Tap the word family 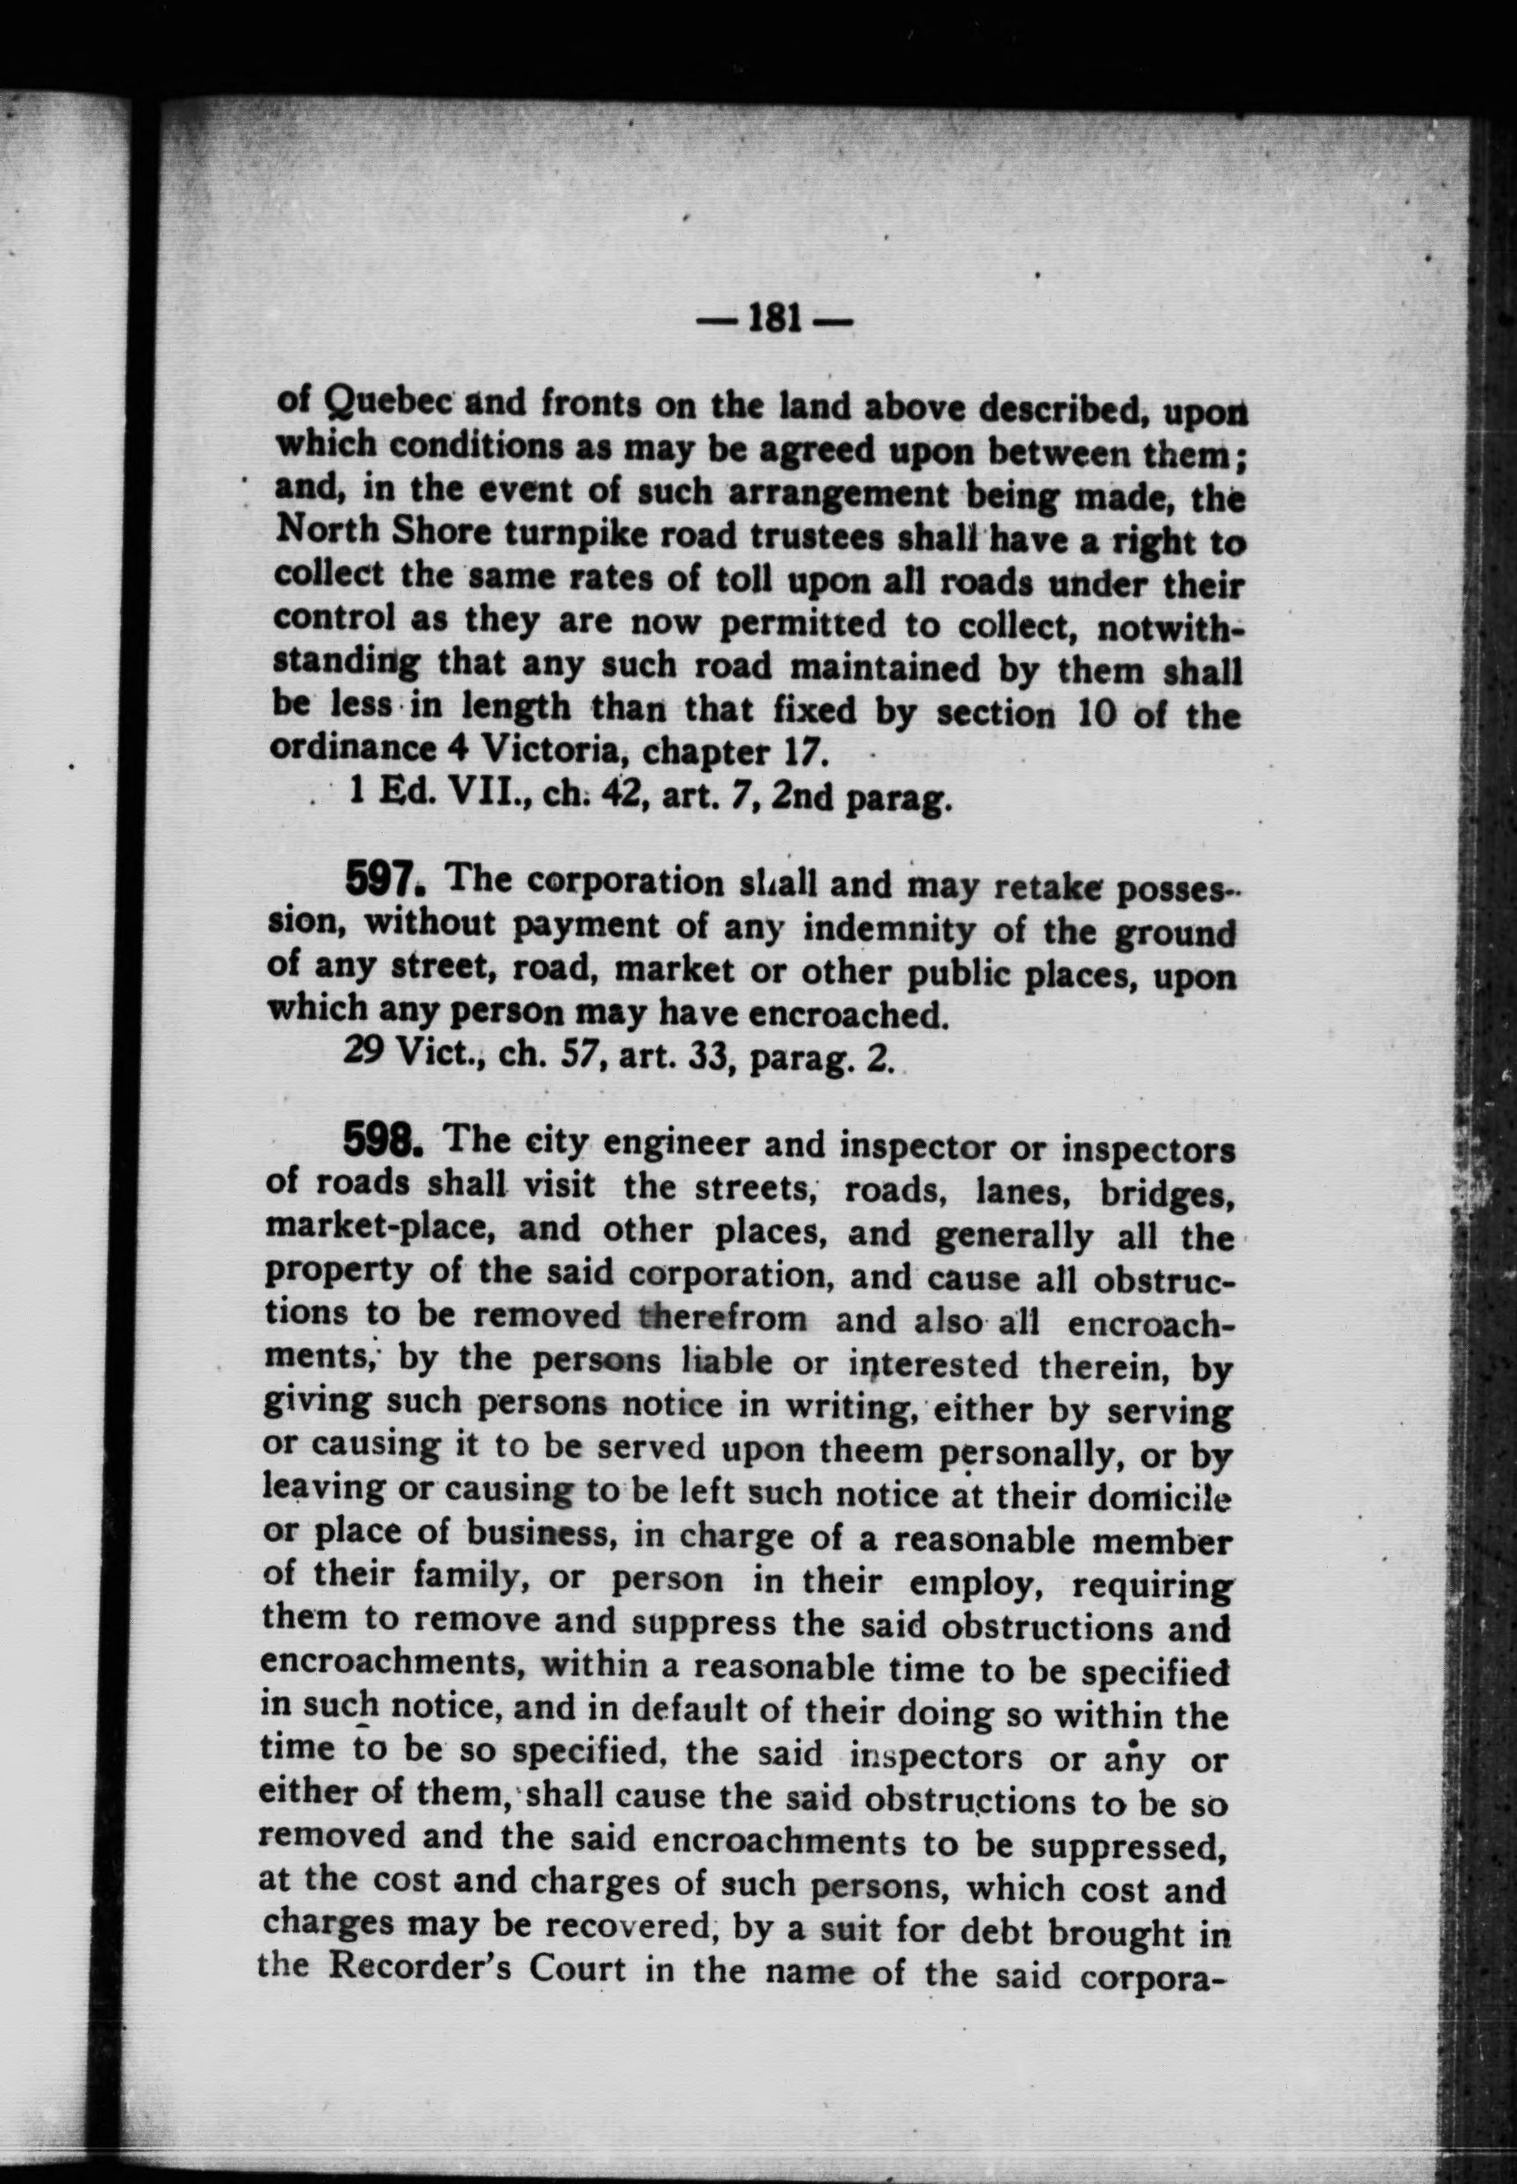coord(469,1579)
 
